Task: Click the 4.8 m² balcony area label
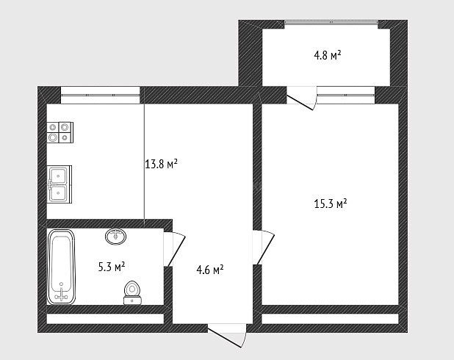328,55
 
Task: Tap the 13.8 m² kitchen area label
161,165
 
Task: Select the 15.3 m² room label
331,204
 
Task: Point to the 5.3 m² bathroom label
112,267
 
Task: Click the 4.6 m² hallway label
210,270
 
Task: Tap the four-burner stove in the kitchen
60,132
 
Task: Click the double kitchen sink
60,184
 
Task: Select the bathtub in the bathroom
61,267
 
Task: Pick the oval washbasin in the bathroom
116,237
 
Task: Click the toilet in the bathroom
132,292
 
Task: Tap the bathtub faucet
61,294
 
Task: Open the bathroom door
174,249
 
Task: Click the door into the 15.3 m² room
264,248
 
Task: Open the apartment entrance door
227,335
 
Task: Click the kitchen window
100,95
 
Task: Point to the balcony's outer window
331,22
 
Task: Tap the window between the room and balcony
346,95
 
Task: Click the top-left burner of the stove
53,127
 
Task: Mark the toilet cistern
132,300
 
